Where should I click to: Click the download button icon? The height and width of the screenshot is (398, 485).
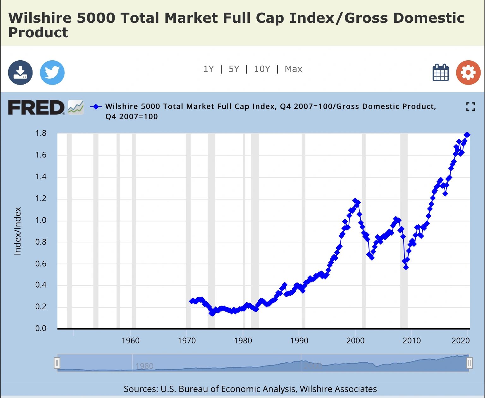pos(20,73)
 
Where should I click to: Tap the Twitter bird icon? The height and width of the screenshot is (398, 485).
pos(52,73)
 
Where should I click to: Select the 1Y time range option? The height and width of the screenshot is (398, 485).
pos(208,69)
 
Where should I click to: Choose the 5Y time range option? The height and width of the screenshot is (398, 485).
pos(234,69)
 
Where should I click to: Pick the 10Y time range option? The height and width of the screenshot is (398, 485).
pos(262,69)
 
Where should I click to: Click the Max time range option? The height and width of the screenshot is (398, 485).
pos(293,69)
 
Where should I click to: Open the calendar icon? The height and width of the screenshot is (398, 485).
pos(440,73)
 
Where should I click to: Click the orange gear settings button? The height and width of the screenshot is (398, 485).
pos(468,73)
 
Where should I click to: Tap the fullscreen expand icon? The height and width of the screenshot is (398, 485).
pos(470,107)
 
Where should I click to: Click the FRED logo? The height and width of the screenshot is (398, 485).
pos(36,108)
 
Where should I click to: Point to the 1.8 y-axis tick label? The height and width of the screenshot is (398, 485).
pos(41,133)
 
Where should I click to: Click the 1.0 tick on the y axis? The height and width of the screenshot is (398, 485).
pos(41,220)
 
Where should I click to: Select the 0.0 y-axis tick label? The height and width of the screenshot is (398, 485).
pos(41,329)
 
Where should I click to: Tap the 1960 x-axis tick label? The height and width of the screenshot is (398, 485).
pos(130,341)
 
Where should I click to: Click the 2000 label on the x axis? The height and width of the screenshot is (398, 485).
pos(355,341)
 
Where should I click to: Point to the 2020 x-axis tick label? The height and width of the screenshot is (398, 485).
pos(461,341)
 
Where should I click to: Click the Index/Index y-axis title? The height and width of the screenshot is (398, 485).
pos(18,231)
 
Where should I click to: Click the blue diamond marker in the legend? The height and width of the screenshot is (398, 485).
pos(96,107)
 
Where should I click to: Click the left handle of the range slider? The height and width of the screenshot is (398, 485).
pos(57,363)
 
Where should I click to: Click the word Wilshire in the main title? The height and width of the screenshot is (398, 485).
pos(40,18)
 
